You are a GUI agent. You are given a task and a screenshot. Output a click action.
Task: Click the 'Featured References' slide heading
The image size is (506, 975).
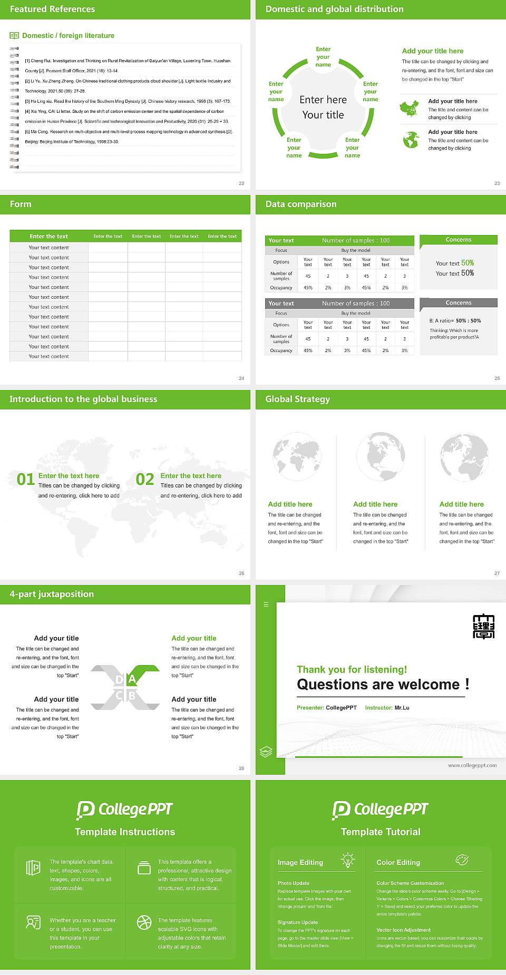[x=52, y=9]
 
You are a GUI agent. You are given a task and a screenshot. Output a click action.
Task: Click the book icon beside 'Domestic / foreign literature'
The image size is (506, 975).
[x=14, y=35]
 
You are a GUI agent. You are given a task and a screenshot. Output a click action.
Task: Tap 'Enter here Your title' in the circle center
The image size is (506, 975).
[x=323, y=107]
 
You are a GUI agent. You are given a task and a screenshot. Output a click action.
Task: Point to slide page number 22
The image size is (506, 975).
[x=241, y=183]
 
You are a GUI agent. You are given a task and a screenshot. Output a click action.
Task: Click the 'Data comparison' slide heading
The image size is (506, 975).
[x=300, y=204]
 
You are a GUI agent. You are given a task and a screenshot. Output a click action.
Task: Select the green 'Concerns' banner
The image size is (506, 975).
[x=458, y=240]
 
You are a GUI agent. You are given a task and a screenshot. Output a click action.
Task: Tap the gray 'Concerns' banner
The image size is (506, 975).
[x=458, y=303]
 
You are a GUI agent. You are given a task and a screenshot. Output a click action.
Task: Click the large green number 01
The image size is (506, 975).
[x=26, y=480]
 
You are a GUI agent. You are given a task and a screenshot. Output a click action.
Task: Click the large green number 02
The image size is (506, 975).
[x=145, y=480]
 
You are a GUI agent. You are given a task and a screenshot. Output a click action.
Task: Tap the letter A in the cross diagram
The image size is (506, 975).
[x=132, y=679]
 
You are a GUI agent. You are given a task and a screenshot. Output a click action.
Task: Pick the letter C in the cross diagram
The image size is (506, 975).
[x=119, y=696]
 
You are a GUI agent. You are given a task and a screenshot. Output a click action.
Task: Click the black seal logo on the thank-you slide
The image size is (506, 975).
[x=483, y=626]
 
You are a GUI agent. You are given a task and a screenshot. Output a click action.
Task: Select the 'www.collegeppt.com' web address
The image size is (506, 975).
[x=472, y=765]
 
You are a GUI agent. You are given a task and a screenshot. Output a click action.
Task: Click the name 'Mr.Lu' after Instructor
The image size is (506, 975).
[x=402, y=708]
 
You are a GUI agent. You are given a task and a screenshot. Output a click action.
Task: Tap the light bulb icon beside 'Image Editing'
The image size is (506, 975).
[x=347, y=860]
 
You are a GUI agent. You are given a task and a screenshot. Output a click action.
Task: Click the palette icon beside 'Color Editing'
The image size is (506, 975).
[x=462, y=860]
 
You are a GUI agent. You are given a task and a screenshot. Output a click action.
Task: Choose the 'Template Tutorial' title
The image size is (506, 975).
[x=381, y=832]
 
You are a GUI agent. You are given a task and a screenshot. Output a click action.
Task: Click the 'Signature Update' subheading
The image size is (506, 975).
[x=298, y=922]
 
